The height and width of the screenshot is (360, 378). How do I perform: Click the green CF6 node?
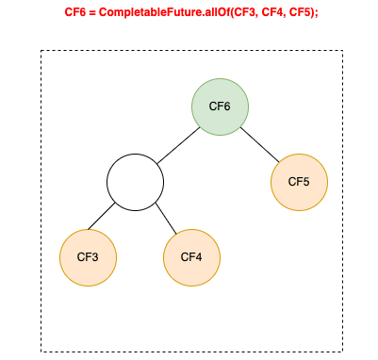(220, 106)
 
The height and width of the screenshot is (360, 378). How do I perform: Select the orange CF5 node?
(299, 181)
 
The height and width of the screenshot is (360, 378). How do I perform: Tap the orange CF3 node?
(89, 256)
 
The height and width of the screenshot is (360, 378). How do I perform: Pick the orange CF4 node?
(191, 256)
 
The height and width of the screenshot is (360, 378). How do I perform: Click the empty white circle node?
(135, 181)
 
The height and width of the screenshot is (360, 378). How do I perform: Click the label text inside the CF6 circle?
(220, 106)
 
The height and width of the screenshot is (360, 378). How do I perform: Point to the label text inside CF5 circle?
(299, 181)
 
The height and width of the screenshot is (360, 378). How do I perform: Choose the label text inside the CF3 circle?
(89, 256)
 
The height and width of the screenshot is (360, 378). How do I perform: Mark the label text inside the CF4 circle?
(191, 256)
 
